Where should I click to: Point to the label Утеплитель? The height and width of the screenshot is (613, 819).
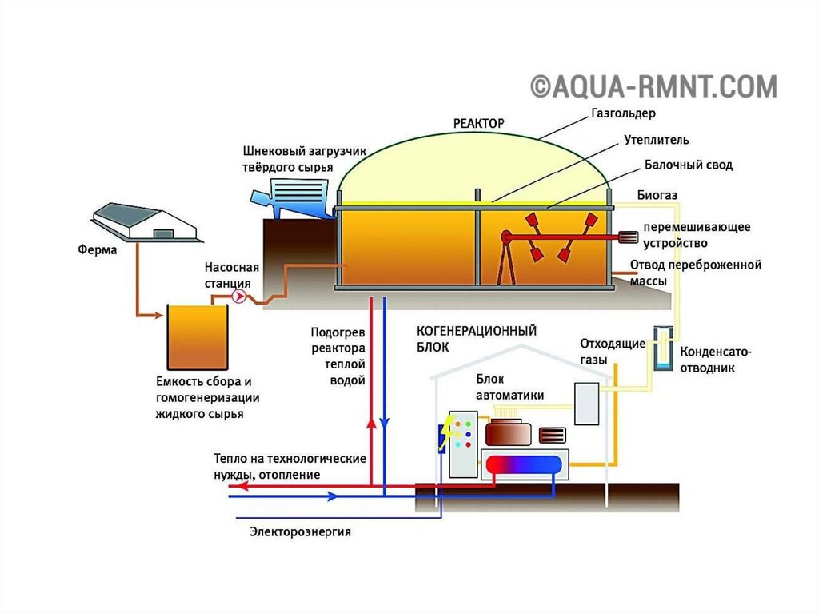tap(656, 140)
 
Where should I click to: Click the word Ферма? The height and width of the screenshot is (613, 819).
tap(97, 250)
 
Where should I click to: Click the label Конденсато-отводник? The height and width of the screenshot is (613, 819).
tap(716, 360)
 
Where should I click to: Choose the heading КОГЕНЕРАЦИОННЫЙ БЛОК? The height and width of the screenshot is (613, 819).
tap(476, 339)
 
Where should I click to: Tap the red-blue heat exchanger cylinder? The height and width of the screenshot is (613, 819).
tap(524, 464)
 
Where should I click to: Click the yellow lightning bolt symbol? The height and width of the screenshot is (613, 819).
tap(442, 433)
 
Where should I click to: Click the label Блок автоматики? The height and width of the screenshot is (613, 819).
tap(509, 388)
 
